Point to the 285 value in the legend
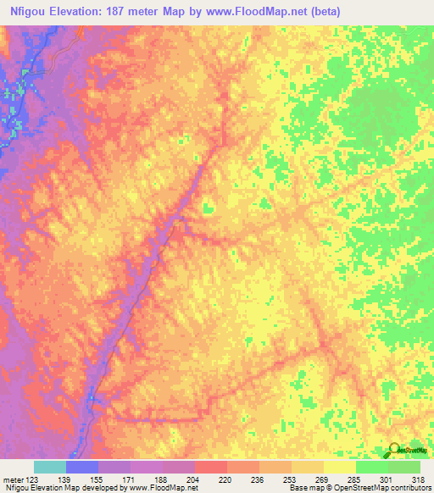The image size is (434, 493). [x=356, y=479]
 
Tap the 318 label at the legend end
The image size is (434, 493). [x=420, y=479]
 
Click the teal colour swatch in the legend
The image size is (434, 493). [x=50, y=467]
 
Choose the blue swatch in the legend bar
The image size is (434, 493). [x=82, y=467]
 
